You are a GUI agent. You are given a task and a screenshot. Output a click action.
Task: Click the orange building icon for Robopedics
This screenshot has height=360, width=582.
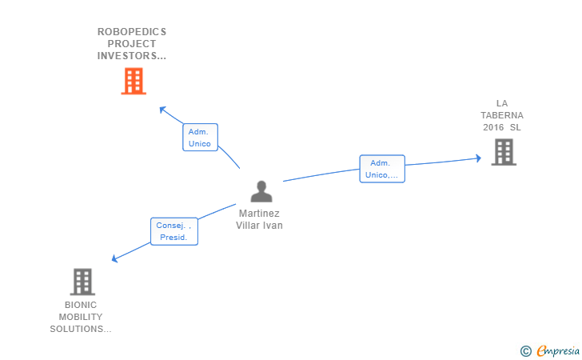click(134, 81)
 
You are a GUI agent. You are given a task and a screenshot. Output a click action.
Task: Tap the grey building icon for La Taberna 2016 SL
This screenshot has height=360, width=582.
click(504, 152)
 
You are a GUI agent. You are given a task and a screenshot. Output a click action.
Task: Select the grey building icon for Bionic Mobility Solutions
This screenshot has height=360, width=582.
click(82, 282)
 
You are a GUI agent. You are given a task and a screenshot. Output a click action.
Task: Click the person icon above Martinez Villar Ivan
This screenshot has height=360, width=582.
click(261, 192)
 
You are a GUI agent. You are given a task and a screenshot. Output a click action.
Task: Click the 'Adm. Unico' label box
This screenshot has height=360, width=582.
click(200, 138)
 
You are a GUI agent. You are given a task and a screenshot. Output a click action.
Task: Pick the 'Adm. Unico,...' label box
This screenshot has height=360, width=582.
click(381, 169)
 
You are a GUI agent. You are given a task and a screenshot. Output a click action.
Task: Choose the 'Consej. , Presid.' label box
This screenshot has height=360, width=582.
click(173, 231)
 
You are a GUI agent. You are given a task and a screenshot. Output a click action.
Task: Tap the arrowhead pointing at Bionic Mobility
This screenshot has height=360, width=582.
click(115, 258)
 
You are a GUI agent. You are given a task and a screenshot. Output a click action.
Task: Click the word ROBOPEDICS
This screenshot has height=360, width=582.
click(132, 32)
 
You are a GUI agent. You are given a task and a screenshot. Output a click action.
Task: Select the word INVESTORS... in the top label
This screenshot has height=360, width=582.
click(132, 56)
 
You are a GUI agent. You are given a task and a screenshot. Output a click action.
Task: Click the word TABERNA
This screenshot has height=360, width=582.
click(502, 115)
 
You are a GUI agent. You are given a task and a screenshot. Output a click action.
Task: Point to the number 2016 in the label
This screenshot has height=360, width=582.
click(493, 127)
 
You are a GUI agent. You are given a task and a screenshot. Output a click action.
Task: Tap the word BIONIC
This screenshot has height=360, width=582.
click(81, 305)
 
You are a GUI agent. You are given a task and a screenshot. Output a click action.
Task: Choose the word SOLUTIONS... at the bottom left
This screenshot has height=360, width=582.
click(81, 329)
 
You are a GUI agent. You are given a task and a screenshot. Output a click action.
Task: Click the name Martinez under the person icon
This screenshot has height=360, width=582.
click(259, 214)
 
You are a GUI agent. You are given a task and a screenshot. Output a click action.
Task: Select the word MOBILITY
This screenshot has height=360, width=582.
click(81, 317)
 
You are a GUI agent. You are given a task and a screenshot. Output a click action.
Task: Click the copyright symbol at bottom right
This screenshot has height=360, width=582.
click(525, 350)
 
